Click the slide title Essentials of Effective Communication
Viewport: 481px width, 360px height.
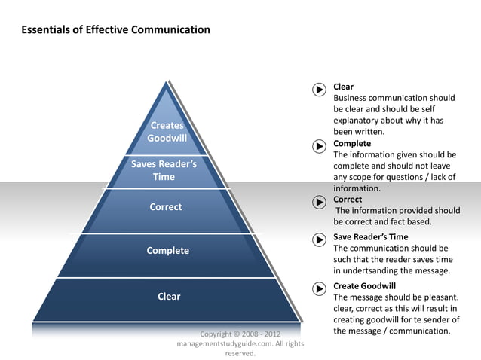115,30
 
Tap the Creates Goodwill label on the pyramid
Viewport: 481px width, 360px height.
167,132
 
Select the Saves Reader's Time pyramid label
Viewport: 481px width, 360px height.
164,170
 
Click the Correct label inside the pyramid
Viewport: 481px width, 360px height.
166,206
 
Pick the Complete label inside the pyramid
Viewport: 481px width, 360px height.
167,250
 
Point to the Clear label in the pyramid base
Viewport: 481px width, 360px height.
169,296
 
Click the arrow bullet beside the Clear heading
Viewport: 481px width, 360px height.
319,90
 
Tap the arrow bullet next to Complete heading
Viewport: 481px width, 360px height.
319,145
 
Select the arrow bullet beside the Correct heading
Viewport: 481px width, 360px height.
319,202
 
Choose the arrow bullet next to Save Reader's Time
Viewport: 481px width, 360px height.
319,239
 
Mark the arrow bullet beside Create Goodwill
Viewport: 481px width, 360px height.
319,288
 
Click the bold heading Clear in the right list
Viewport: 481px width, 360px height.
344,87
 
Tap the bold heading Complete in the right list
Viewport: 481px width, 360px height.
352,143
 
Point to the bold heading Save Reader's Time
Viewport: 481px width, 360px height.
370,236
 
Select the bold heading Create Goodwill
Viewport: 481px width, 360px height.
364,286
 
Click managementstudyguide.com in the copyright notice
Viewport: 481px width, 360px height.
220,343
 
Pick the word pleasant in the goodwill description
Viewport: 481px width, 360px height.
437,297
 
